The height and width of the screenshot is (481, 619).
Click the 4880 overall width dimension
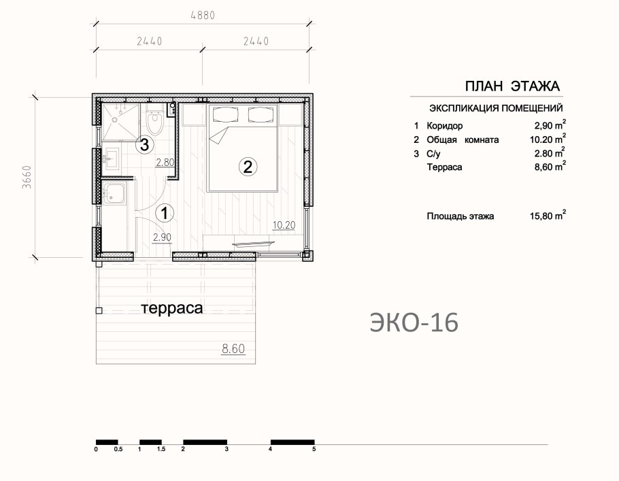pos(203,16)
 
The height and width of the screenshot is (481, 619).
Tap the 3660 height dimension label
pos(27,176)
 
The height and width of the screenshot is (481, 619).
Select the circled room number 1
pos(165,214)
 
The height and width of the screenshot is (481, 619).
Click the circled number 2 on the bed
pos(248,167)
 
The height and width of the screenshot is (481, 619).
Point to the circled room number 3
pos(144,144)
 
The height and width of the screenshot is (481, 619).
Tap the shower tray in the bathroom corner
pos(120,122)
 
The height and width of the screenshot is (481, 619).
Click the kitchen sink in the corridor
pos(114,193)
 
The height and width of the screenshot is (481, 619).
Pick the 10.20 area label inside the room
pos(284,225)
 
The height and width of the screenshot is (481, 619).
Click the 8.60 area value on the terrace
pos(233,349)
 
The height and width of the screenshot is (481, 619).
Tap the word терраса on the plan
pos(172,308)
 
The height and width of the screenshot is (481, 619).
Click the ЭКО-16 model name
pos(414,322)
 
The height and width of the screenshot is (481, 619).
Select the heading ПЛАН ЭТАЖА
pos(512,86)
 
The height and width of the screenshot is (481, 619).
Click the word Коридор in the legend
pos(444,126)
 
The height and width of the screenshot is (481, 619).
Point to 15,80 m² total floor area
pos(548,216)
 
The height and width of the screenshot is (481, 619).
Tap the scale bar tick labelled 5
pos(314,449)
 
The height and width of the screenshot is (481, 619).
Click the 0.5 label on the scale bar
pos(118,449)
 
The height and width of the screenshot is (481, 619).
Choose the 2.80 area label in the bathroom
pos(165,163)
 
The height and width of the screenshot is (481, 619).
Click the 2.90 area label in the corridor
pos(162,237)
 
